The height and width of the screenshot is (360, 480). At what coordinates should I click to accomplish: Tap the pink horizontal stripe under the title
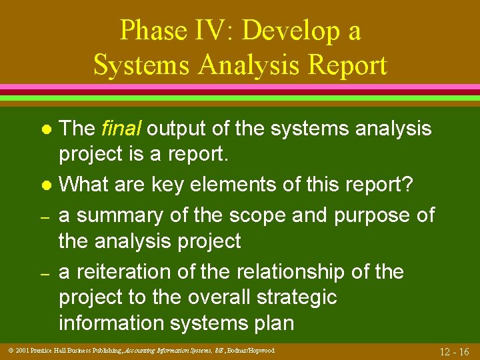click(x=240, y=87)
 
